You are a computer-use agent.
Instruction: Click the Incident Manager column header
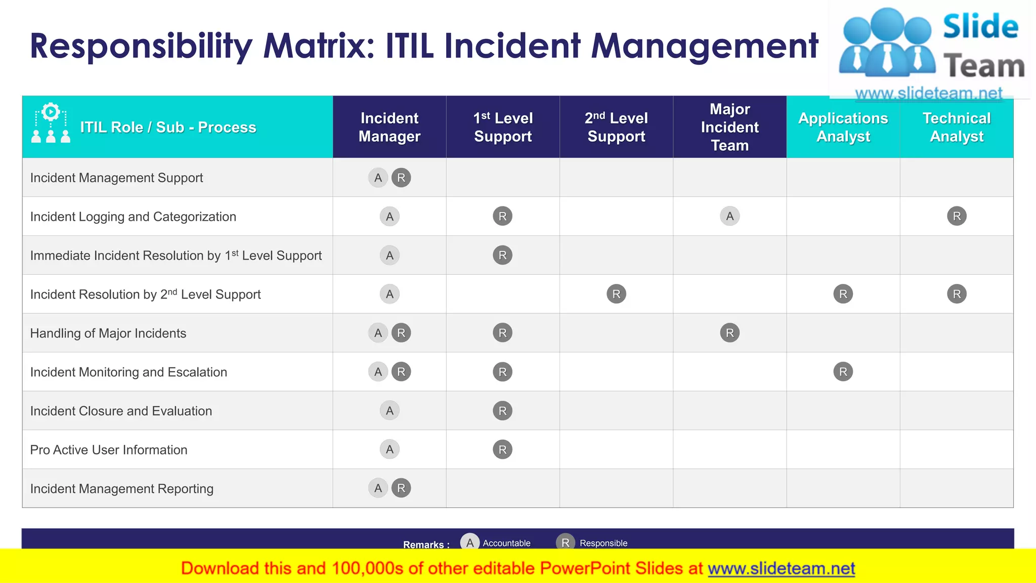[390, 127]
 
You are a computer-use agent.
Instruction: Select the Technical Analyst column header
[957, 127]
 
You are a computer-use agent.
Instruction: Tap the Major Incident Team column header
[729, 127]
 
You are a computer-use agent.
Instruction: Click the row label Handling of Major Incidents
[108, 333]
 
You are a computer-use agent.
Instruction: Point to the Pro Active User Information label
[109, 450]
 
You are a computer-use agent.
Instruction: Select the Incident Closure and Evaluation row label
[121, 411]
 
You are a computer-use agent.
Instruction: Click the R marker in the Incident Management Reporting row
[401, 488]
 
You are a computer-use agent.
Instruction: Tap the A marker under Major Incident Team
[729, 217]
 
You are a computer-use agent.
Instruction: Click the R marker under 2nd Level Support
[616, 294]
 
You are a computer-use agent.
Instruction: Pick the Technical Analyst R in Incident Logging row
[957, 217]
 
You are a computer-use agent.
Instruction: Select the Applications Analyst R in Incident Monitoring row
[843, 372]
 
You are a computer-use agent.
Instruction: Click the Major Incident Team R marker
[729, 333]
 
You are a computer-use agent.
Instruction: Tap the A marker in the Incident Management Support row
[378, 178]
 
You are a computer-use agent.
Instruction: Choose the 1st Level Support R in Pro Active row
[502, 449]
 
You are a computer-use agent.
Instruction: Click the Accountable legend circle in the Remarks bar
[470, 543]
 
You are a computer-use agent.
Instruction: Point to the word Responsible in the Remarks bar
[603, 543]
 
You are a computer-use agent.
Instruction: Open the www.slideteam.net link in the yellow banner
[781, 568]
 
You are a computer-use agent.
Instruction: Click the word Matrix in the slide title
[319, 46]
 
